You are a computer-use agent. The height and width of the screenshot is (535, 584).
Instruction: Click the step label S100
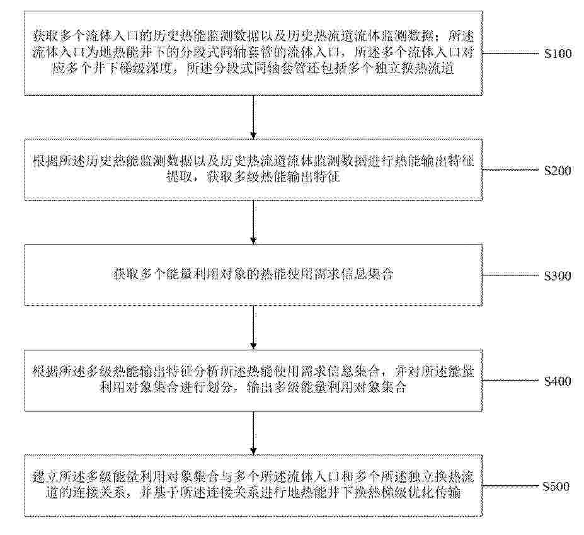point(558,54)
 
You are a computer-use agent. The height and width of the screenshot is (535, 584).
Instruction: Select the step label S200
point(558,171)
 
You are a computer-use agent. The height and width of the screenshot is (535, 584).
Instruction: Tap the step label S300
point(558,276)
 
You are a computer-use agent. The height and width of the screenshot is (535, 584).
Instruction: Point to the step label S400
point(558,381)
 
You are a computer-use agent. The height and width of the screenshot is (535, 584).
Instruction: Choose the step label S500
point(556,486)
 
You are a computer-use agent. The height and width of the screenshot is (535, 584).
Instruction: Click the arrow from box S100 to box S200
point(254,117)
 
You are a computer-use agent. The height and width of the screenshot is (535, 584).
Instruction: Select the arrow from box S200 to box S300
point(254,222)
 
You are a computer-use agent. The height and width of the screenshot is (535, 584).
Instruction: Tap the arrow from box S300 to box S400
point(254,328)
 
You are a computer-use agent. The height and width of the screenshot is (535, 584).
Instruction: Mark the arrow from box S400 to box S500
point(254,433)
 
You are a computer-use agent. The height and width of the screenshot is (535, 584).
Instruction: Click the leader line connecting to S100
point(511,54)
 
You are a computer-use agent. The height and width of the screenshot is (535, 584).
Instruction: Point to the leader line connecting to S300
point(511,275)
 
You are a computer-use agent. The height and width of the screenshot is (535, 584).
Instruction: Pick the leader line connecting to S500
point(511,486)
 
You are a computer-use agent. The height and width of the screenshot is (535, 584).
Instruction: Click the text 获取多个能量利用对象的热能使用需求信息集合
point(253,275)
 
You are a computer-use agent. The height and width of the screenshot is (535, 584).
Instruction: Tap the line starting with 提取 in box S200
point(253,177)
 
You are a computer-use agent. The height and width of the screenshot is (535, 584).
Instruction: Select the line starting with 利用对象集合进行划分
point(253,388)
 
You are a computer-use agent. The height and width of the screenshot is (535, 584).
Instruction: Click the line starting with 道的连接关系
point(253,493)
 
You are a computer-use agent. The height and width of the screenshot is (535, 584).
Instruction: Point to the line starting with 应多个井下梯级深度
point(253,69)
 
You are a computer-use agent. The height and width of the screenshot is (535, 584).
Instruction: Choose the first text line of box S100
point(253,36)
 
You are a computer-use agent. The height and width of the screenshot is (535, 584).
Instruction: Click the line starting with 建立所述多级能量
point(253,477)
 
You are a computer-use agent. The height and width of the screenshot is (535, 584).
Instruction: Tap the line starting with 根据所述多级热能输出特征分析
point(253,372)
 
